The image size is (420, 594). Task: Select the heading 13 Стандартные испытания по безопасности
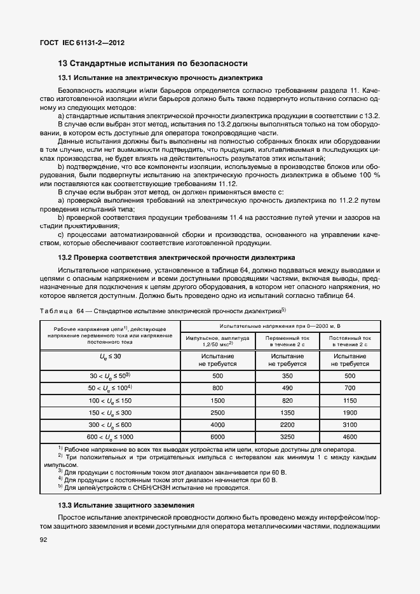pyautogui.click(x=152, y=64)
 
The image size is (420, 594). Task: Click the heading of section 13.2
pyautogui.click(x=176, y=258)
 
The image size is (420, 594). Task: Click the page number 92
pyautogui.click(x=44, y=539)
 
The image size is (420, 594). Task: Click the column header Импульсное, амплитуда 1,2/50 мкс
pyautogui.click(x=217, y=342)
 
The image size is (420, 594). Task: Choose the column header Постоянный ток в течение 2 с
pyautogui.click(x=350, y=342)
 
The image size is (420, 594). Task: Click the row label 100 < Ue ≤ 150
pyautogui.click(x=110, y=401)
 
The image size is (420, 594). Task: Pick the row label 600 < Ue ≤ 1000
pyautogui.click(x=110, y=437)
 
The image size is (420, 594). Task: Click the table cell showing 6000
pyautogui.click(x=217, y=437)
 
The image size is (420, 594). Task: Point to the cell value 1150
pyautogui.click(x=350, y=401)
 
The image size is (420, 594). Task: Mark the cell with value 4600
pyautogui.click(x=350, y=437)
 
